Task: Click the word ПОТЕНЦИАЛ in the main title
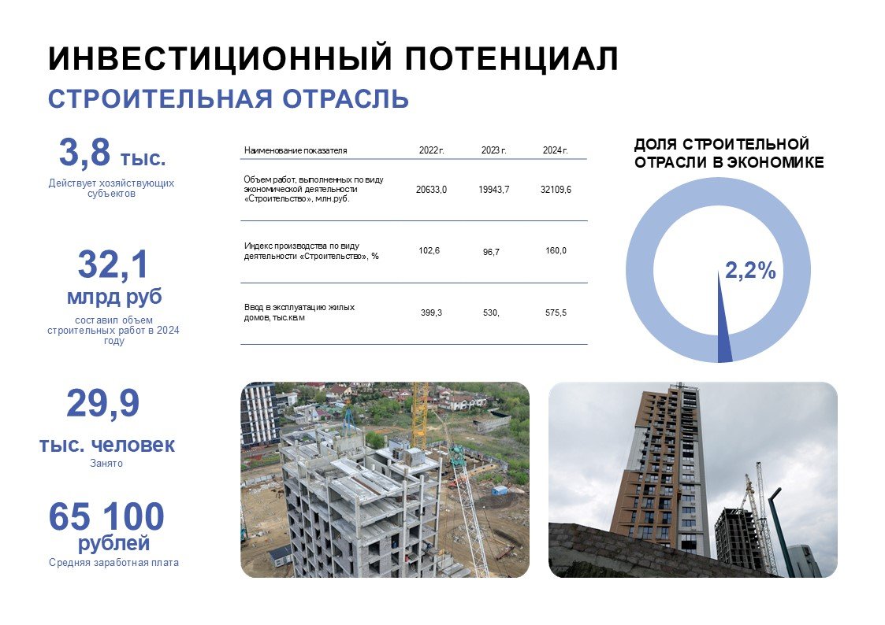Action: point(511,58)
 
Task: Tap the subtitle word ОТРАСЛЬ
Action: point(345,98)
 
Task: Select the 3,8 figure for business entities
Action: point(84,152)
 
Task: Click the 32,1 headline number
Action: point(113,264)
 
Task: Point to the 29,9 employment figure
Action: point(102,403)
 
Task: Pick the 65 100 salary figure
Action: point(106,516)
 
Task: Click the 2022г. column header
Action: point(431,150)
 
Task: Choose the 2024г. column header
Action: point(556,150)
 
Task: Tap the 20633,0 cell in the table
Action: point(431,190)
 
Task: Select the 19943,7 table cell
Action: point(494,190)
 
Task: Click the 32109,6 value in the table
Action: point(556,190)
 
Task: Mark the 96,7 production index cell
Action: point(491,252)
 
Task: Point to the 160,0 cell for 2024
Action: point(556,250)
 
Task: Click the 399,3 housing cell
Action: point(431,312)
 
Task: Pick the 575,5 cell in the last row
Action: point(556,312)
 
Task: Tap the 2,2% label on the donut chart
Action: point(750,271)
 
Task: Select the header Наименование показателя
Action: point(296,150)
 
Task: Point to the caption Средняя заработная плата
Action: point(113,563)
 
